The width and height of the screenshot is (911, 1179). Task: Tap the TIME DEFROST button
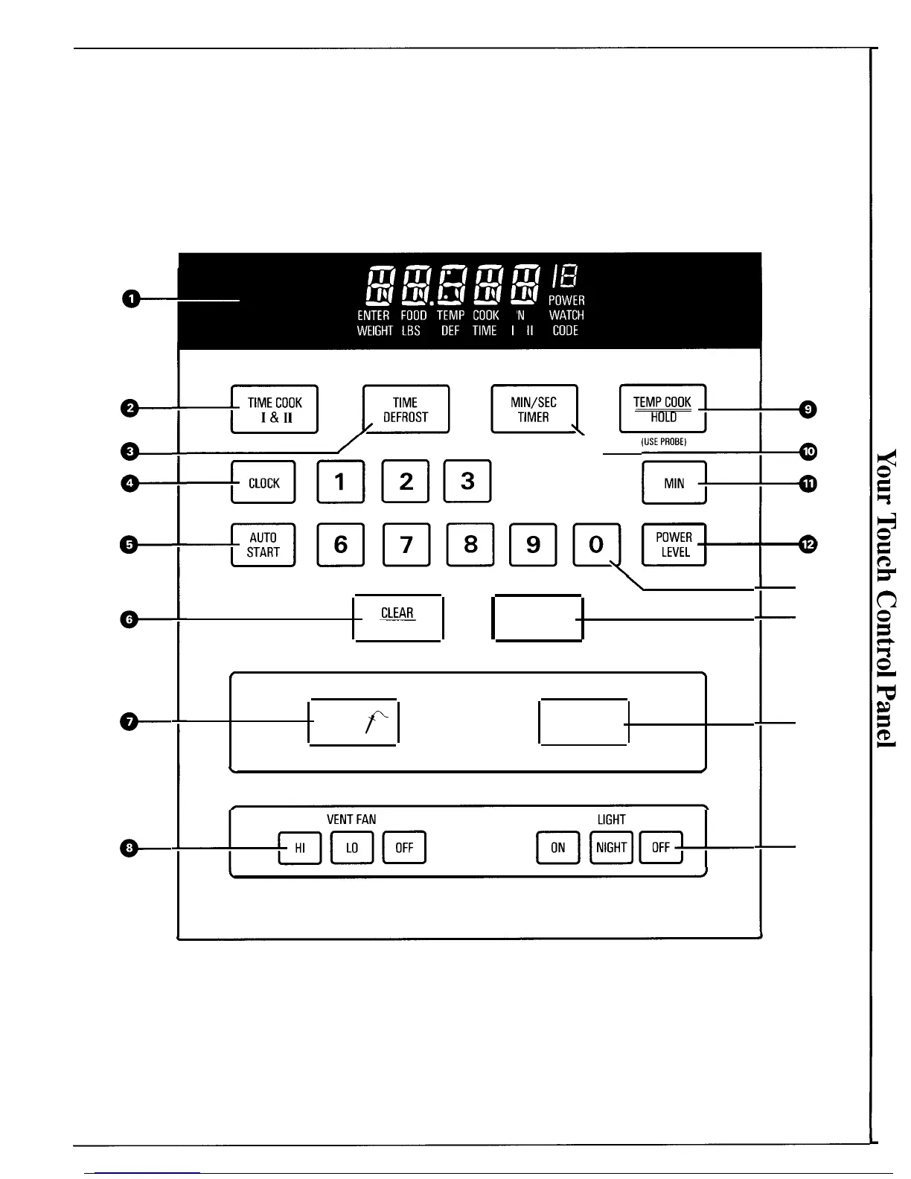(406, 409)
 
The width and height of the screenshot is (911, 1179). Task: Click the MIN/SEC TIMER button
(534, 409)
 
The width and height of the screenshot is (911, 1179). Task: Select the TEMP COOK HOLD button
(662, 409)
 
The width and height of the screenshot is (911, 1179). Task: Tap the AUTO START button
(263, 545)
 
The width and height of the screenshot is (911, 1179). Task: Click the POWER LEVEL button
(674, 545)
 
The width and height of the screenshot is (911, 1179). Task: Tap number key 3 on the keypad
(467, 482)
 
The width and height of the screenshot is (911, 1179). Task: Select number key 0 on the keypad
(596, 545)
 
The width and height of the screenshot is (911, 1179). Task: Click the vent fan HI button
(300, 848)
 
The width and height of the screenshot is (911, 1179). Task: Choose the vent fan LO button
(352, 848)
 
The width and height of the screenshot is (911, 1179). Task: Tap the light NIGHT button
(611, 848)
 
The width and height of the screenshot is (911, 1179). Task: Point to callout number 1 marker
(130, 299)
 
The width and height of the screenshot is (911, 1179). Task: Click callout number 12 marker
(808, 545)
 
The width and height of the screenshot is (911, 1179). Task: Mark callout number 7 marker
(130, 721)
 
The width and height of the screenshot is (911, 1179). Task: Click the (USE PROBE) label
(663, 442)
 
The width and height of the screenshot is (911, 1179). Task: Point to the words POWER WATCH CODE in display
(566, 316)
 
